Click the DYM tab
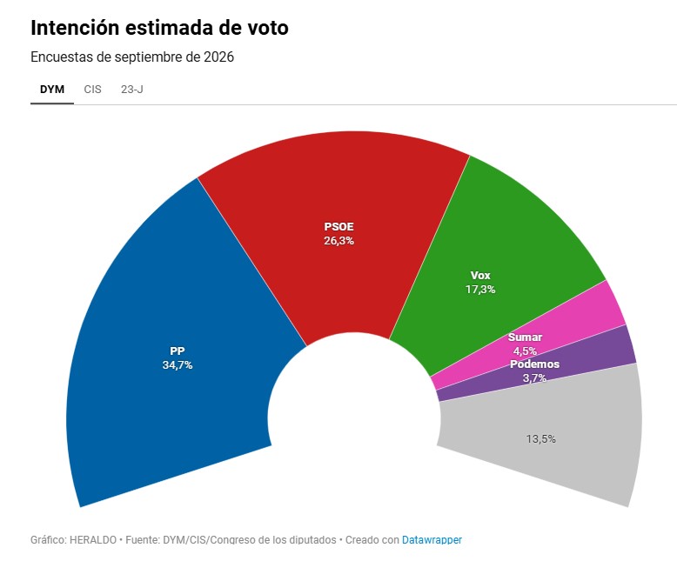[52, 90]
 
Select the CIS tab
[92, 90]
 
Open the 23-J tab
[132, 90]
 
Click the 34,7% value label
[178, 365]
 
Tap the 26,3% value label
[338, 241]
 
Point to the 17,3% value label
[480, 289]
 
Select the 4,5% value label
[525, 351]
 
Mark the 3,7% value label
[534, 378]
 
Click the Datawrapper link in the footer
[432, 540]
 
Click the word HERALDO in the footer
[93, 540]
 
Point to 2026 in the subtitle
[218, 57]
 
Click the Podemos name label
[534, 364]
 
